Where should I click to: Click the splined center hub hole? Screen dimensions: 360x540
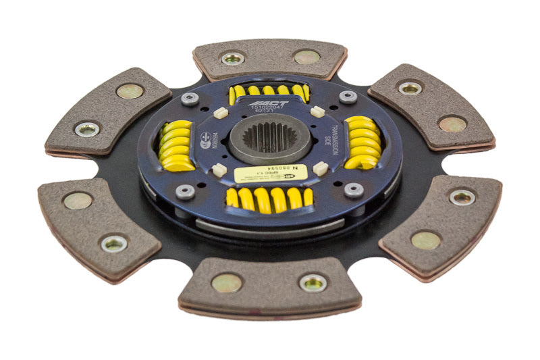pyautogui.click(x=269, y=137)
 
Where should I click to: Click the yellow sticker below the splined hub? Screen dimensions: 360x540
pyautogui.click(x=271, y=174)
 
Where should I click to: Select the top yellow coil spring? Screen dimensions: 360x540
pyautogui.click(x=268, y=91)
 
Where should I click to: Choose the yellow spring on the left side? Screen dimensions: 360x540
pyautogui.click(x=177, y=145)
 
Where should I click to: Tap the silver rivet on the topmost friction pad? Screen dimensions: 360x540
pyautogui.click(x=233, y=59)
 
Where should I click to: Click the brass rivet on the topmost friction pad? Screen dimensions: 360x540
pyautogui.click(x=306, y=57)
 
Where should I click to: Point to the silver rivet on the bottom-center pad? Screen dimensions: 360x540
pyautogui.click(x=313, y=282)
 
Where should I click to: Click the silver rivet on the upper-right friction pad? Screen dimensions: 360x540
pyautogui.click(x=410, y=88)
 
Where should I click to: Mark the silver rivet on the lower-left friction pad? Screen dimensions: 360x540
pyautogui.click(x=113, y=243)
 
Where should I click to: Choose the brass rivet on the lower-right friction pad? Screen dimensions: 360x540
pyautogui.click(x=426, y=240)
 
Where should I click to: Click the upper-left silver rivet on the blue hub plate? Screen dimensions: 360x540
pyautogui.click(x=190, y=99)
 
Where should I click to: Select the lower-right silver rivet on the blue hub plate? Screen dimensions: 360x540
pyautogui.click(x=354, y=190)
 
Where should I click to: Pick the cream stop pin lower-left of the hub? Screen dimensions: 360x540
pyautogui.click(x=217, y=170)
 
